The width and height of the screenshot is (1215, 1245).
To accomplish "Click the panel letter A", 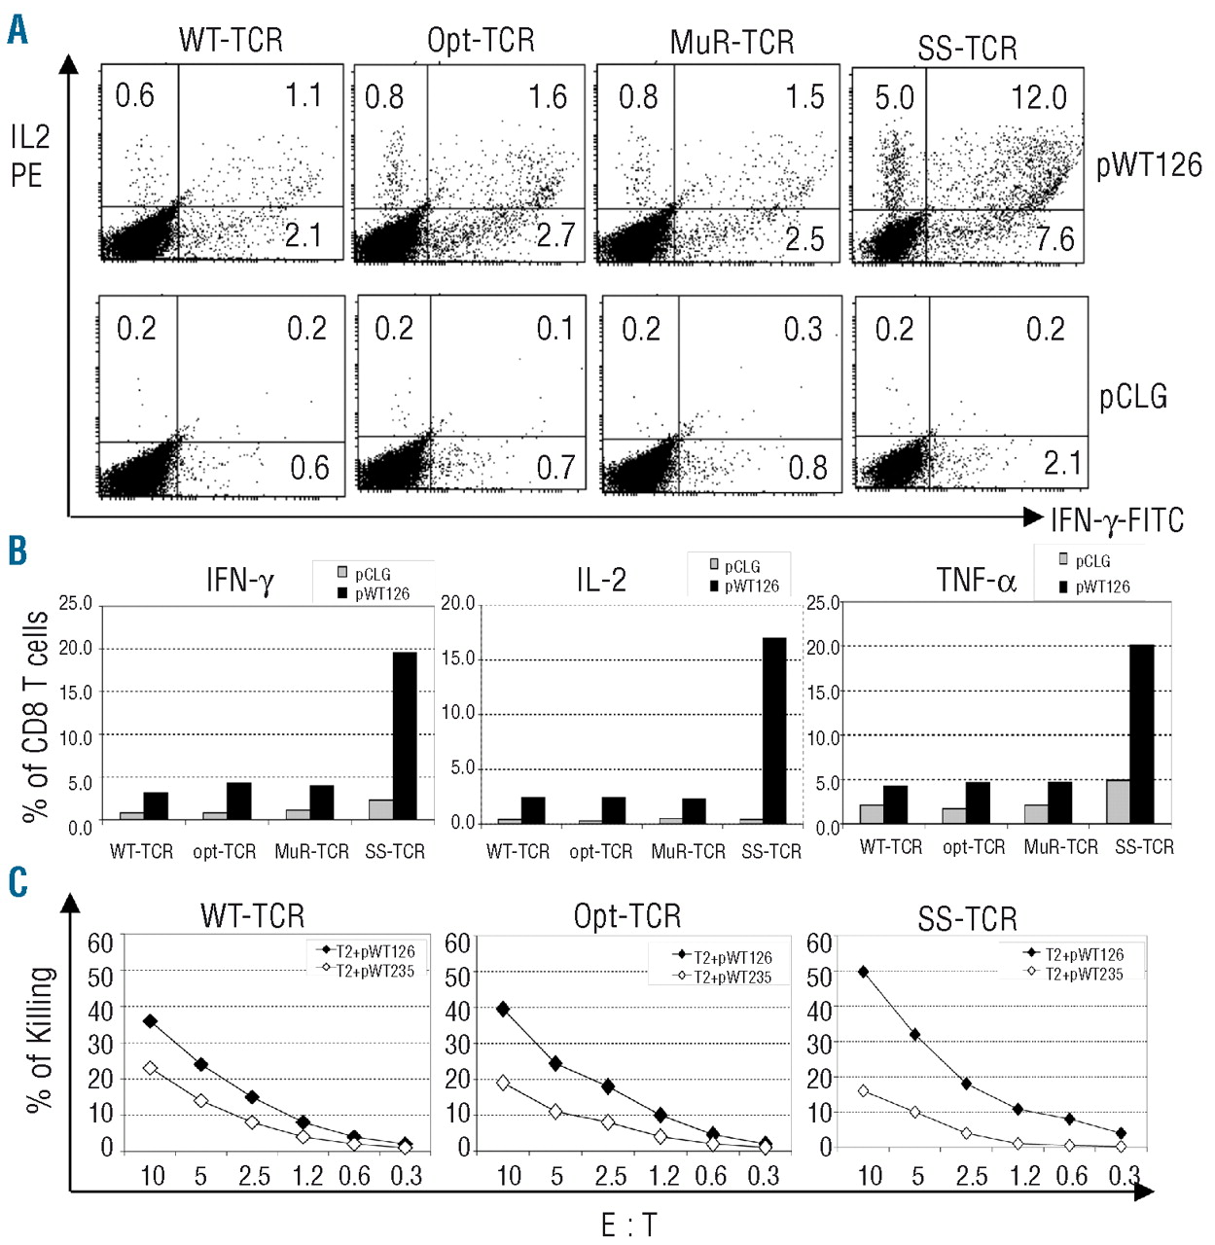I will coord(18,30).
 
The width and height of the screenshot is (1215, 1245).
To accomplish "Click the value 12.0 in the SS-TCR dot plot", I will coord(1038,97).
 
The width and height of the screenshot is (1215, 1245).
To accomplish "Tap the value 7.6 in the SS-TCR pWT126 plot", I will coord(1054,238).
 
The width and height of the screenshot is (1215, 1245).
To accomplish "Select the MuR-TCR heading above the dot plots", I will coord(732,43).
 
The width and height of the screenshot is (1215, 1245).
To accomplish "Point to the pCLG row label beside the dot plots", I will coord(1133,397).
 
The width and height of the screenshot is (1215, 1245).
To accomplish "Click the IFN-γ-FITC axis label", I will coord(1117,520).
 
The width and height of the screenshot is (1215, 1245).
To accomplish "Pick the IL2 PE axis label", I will coord(30,156).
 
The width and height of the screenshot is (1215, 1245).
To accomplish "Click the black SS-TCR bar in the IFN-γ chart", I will coord(404,735).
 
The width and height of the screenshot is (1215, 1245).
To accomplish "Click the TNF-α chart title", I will coord(976,581).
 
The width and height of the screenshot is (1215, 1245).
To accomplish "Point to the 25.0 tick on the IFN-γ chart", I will coord(76,604).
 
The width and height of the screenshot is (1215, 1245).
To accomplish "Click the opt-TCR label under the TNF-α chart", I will coord(974,847).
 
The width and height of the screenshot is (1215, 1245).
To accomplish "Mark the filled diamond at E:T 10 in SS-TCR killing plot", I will coord(863,972).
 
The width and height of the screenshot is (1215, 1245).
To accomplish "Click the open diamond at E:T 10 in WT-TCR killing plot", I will coord(150,1068).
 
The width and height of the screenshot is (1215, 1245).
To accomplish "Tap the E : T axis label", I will coord(628,1225).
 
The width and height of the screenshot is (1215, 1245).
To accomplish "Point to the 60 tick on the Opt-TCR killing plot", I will coord(457,943).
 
